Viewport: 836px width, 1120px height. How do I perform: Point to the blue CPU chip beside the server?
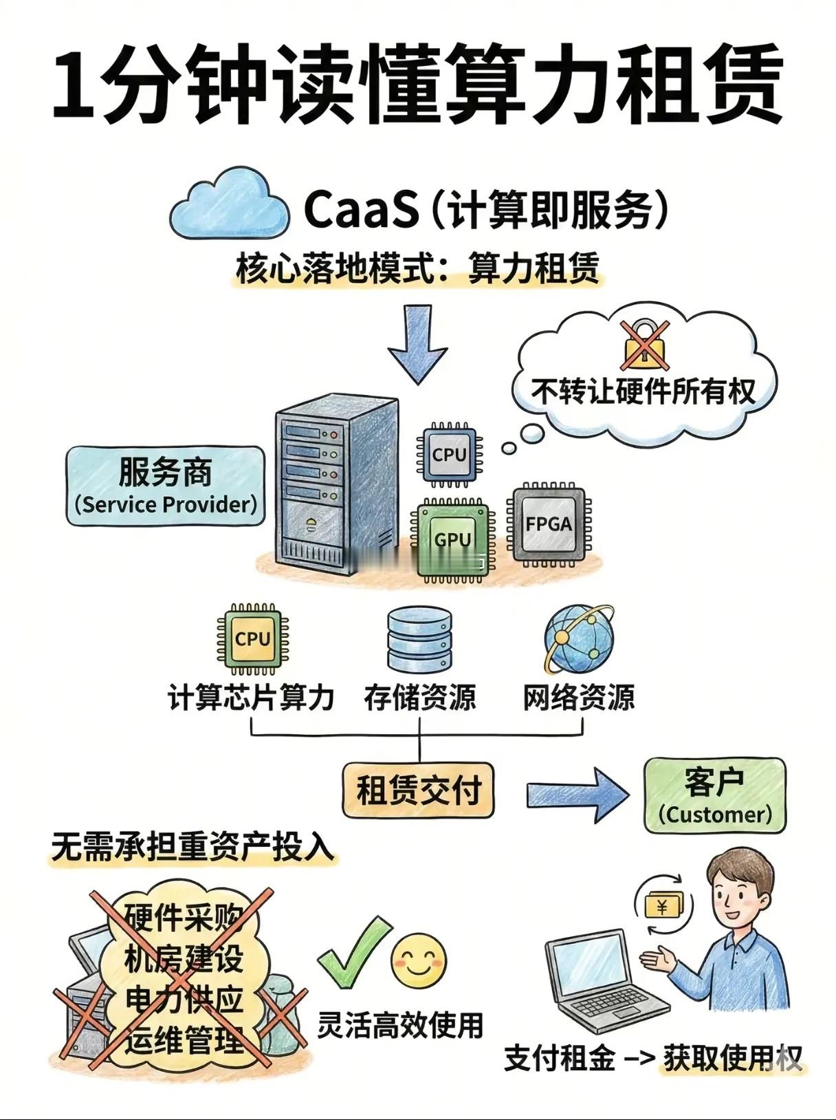pyautogui.click(x=449, y=454)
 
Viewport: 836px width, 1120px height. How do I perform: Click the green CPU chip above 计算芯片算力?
pyautogui.click(x=252, y=639)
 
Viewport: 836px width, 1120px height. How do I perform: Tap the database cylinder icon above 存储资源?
pyautogui.click(x=420, y=639)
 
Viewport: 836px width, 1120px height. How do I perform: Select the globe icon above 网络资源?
pyautogui.click(x=577, y=639)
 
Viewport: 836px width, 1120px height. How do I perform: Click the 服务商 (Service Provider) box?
pyautogui.click(x=166, y=486)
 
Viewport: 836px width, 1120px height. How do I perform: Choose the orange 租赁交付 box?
pyautogui.click(x=418, y=789)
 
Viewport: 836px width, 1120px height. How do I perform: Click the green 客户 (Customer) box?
pyautogui.click(x=714, y=795)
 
